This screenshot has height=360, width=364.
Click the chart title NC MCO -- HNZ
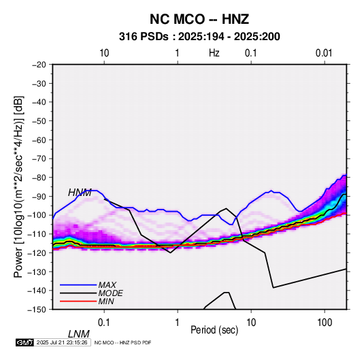point(199,19)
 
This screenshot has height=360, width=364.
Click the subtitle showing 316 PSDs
point(199,37)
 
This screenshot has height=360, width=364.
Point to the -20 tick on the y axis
point(39,65)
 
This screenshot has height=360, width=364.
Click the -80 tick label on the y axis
point(39,178)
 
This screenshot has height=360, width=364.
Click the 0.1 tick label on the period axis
point(104,323)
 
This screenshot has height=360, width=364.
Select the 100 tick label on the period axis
point(325,323)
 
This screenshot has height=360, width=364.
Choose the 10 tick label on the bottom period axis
point(251,323)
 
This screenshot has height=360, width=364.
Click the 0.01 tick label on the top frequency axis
point(324,53)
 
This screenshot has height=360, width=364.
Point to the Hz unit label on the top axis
point(214,53)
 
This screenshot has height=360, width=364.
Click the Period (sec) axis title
point(214,330)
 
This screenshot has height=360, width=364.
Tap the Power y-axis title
point(18,187)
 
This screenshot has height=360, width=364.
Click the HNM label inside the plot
point(80,193)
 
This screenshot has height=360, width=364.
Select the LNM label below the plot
point(79,334)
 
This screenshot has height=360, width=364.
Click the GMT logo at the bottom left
point(25,342)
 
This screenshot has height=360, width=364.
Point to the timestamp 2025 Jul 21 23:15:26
point(62,342)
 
